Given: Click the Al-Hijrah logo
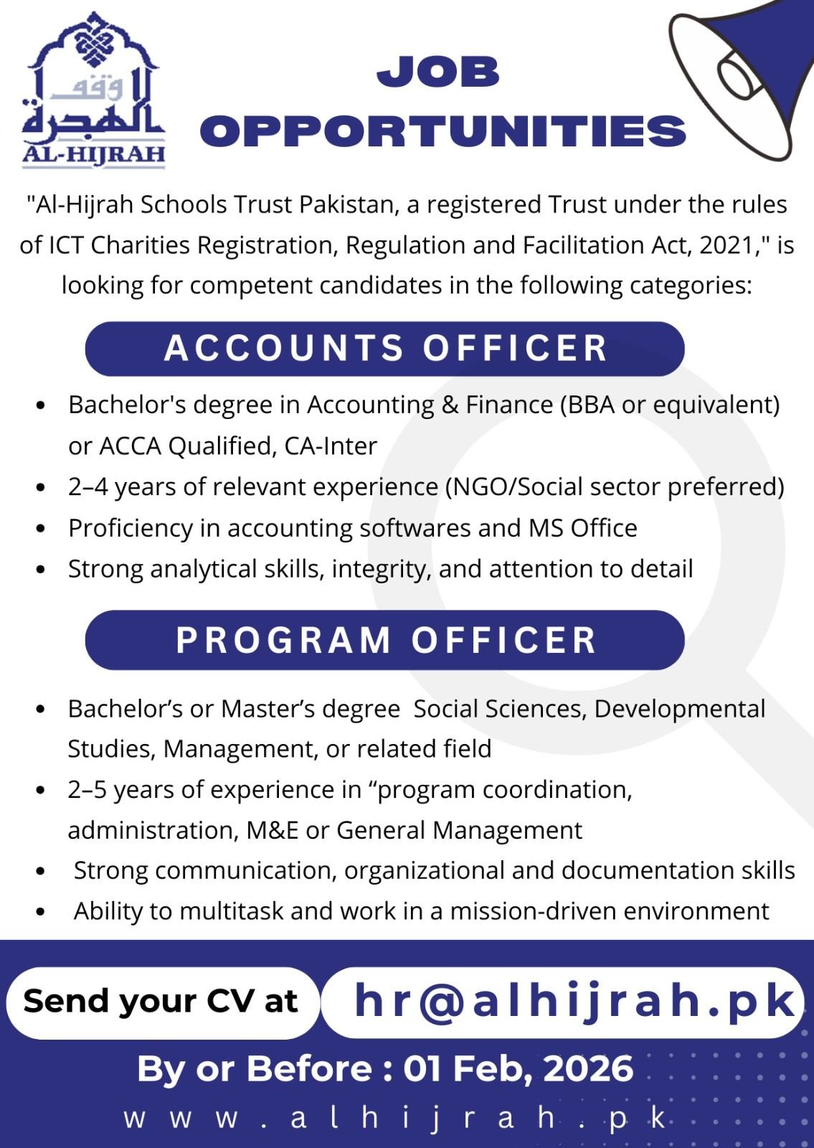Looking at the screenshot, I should [94, 91].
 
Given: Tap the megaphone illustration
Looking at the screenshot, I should [746, 75].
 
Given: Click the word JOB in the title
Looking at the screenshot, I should [438, 72].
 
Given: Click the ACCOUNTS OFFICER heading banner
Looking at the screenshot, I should [385, 349].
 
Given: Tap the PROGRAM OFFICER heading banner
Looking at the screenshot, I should [385, 640].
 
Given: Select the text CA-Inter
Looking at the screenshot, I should [331, 446].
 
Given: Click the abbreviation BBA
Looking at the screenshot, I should [590, 405].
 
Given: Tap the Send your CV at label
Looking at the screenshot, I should [161, 1001].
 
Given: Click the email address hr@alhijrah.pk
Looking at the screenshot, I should [574, 1001].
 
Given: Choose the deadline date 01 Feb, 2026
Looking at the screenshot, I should [518, 1068].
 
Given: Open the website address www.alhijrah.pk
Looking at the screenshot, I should [396, 1119].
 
